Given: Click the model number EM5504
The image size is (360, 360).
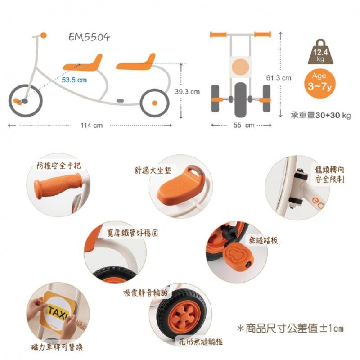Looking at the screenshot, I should [x=89, y=37].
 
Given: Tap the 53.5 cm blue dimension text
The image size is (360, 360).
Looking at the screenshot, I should [x=74, y=80].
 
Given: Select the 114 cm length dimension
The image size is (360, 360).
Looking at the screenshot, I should [x=91, y=125].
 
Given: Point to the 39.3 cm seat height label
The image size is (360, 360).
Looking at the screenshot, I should [x=187, y=92].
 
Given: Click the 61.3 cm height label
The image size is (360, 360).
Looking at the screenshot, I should [x=279, y=78].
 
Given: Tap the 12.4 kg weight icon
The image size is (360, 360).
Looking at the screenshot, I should [x=320, y=54].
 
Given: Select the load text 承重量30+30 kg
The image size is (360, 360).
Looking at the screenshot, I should [x=320, y=116].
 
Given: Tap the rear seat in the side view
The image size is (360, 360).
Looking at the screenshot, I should [x=136, y=63].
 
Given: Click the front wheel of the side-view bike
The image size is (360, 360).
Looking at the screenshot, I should [x=26, y=100].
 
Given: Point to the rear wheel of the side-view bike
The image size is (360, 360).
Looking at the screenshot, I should [x=154, y=103].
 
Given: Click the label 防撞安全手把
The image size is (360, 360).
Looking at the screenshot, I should [x=59, y=166].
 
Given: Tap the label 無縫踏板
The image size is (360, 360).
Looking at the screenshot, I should [x=263, y=241].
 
